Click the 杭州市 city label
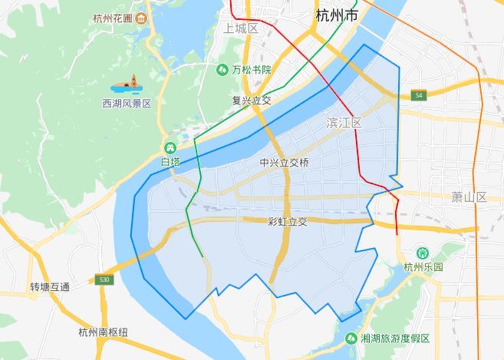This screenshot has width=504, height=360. [x=336, y=16]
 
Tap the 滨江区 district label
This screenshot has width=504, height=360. [x=344, y=123]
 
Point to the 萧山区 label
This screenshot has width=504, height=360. [x=469, y=197]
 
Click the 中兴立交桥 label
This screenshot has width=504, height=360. [x=284, y=163]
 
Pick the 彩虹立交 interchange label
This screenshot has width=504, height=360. [x=287, y=222]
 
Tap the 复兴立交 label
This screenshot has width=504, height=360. [x=252, y=101]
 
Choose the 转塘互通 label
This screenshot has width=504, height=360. [x=50, y=287]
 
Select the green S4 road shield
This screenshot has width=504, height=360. [x=417, y=95]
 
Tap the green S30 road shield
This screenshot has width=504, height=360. [x=105, y=279]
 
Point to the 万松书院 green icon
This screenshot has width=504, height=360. [x=222, y=69]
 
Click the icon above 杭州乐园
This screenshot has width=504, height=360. [x=422, y=253]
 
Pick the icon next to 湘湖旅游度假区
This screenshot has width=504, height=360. [x=351, y=338]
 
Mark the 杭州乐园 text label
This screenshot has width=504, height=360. [x=423, y=267]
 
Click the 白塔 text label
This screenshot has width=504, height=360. [x=170, y=162]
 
